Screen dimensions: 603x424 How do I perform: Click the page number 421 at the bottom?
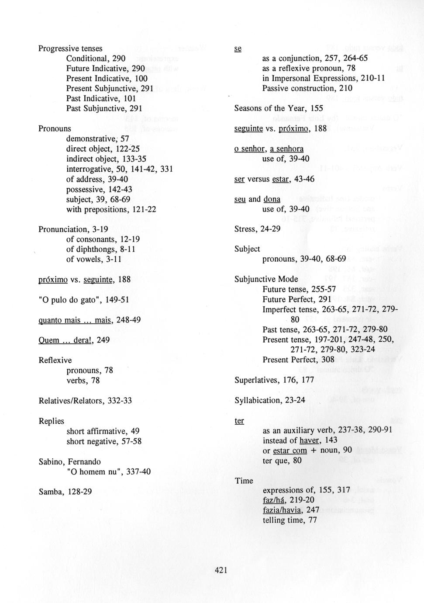pos(221,570)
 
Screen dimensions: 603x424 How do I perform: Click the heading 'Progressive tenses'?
pos(70,49)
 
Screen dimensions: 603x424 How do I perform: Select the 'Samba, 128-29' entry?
pos(65,492)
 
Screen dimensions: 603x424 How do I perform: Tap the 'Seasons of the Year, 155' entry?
pos(279,108)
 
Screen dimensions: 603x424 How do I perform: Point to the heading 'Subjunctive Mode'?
pos(266,279)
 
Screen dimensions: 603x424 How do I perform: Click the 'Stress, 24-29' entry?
pos(257,229)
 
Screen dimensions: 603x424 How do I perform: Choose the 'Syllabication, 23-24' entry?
pos(270,400)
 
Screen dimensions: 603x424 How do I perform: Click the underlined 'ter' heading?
pos(239,421)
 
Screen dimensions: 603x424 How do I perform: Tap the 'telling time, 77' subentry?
pos(290,520)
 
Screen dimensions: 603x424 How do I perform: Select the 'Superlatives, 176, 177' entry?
pos(274,380)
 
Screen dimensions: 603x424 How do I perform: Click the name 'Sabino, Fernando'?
pos(70,461)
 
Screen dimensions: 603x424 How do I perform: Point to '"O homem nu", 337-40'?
pos(108,471)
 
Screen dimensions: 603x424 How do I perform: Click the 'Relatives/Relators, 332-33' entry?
pos(85,401)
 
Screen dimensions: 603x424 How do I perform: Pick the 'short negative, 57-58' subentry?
pos(104,441)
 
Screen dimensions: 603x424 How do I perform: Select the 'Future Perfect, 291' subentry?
pos(297,299)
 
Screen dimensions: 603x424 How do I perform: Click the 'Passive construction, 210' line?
pos(307,88)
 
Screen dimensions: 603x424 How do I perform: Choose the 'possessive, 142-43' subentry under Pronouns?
pos(99,189)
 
